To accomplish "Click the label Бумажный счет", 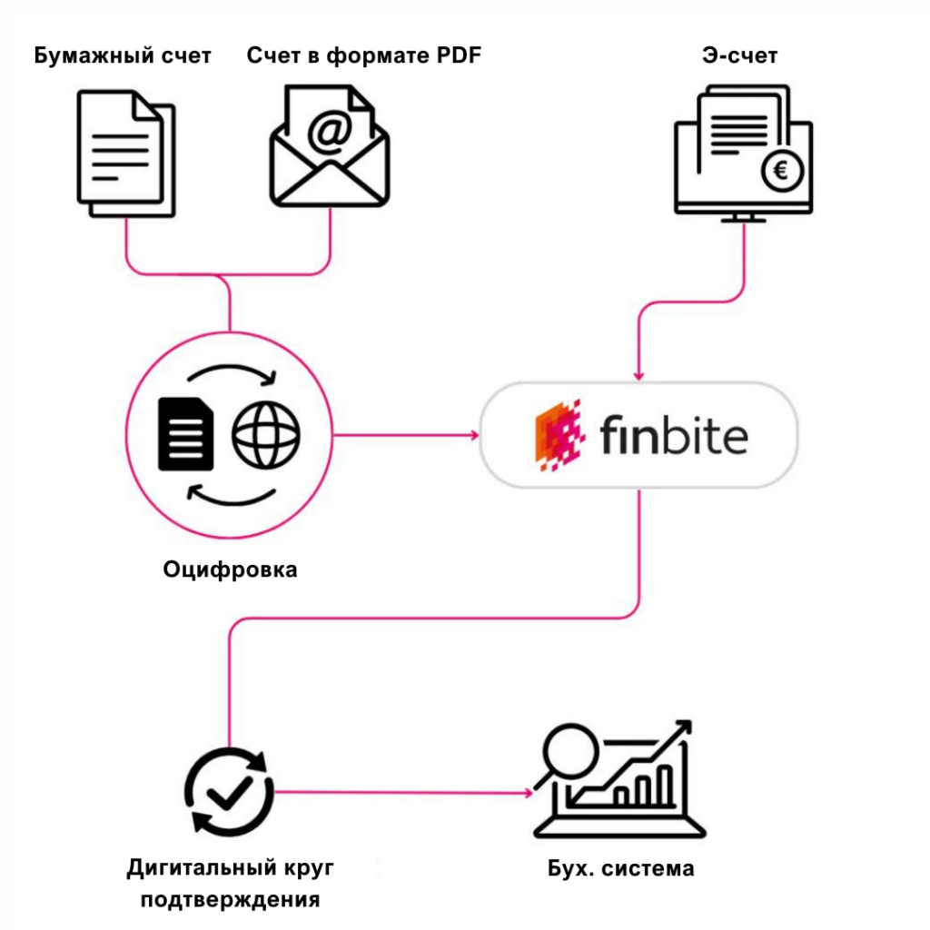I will click(x=123, y=56).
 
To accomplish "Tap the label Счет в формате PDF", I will click(x=363, y=56).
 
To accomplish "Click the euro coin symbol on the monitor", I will click(x=781, y=171).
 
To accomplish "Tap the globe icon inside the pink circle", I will click(x=266, y=435).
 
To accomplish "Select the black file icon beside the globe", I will click(x=186, y=435).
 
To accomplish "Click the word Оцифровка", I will click(x=230, y=570).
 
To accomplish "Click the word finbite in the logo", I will click(x=673, y=436).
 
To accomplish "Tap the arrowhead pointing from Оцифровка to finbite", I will click(x=475, y=436).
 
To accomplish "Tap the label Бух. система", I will click(x=621, y=868).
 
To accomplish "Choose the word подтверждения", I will click(x=231, y=900).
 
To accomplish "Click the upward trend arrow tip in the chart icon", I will click(x=684, y=726).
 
